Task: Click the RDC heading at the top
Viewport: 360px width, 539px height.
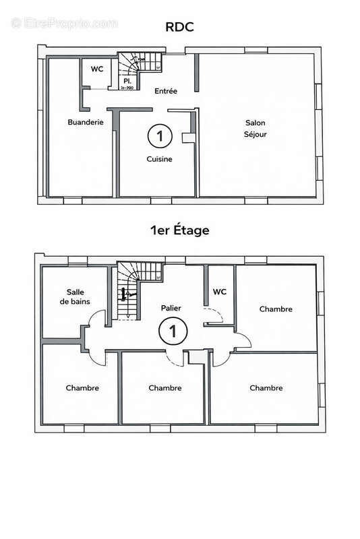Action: (179, 28)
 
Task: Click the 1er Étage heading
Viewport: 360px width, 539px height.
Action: (179, 230)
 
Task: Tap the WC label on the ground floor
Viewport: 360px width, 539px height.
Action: (96, 69)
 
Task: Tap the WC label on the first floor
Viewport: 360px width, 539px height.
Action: (219, 292)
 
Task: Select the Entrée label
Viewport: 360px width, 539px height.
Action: (166, 91)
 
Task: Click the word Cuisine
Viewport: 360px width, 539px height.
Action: (160, 160)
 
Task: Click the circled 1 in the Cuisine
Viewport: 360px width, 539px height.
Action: (160, 135)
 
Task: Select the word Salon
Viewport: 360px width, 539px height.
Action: (255, 123)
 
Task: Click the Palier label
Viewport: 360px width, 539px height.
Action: (171, 307)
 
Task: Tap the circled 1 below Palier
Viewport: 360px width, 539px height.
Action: (173, 331)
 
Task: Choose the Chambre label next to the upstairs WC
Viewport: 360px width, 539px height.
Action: (276, 309)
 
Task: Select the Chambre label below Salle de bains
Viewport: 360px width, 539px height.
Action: (82, 388)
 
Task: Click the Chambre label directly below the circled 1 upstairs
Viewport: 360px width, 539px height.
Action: (165, 388)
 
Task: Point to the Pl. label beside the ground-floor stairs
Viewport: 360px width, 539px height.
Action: (126, 81)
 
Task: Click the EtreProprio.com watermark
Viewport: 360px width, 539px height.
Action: (63, 23)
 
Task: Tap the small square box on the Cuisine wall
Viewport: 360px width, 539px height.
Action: (187, 137)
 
